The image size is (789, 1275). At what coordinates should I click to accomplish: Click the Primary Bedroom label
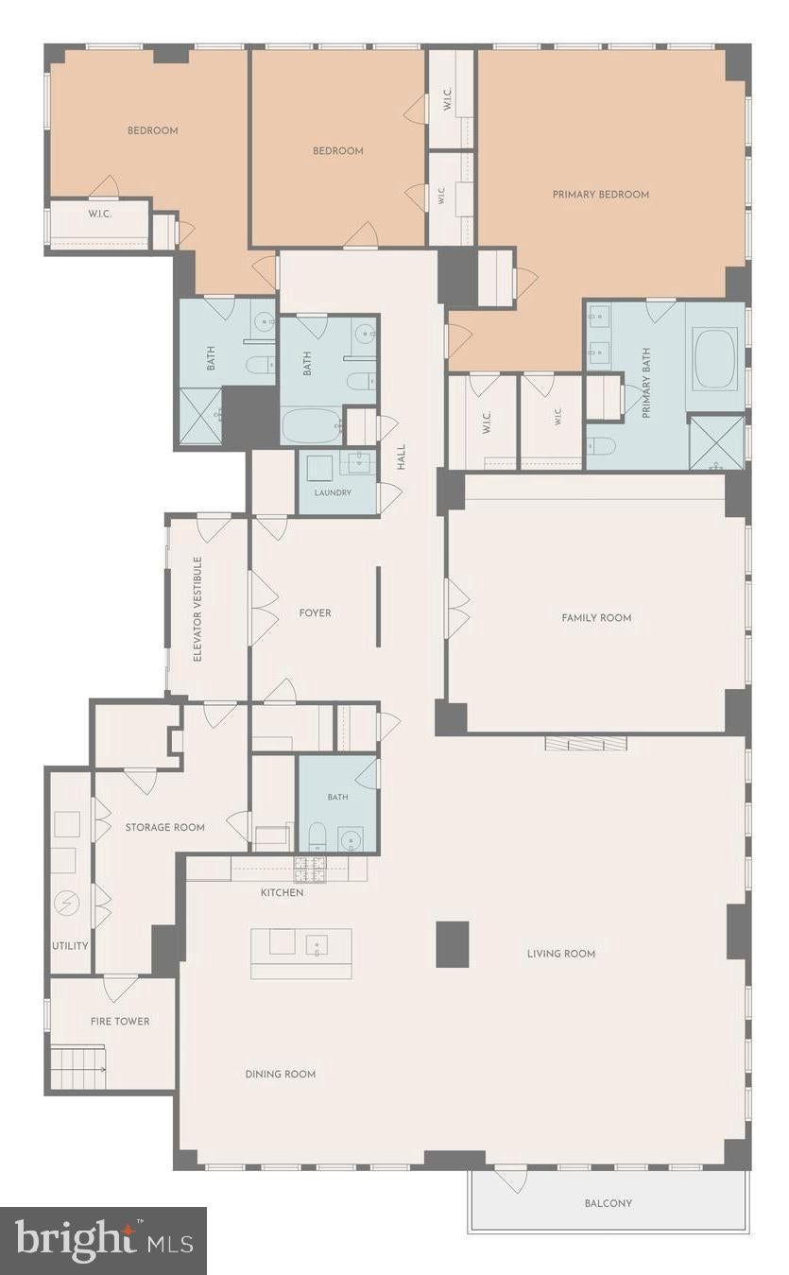[x=601, y=194]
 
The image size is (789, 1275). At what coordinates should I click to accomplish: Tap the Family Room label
[x=596, y=617]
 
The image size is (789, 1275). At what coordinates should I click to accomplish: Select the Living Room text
[x=561, y=954]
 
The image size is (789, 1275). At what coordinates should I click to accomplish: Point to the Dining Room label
[x=281, y=1074]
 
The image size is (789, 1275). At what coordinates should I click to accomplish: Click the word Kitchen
[x=283, y=892]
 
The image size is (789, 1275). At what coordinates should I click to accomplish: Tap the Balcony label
[x=609, y=1203]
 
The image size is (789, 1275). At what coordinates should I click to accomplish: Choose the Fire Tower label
[x=120, y=1022]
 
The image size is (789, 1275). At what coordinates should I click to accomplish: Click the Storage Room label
[x=165, y=828]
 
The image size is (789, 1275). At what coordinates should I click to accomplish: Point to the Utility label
[x=70, y=946]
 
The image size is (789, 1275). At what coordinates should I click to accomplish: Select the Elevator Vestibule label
[x=198, y=609]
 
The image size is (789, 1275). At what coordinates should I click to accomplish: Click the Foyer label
[x=316, y=613]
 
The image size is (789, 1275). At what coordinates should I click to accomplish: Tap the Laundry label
[x=333, y=492]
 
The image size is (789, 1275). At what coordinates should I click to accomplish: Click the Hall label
[x=402, y=457]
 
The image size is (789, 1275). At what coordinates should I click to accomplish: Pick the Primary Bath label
[x=645, y=383]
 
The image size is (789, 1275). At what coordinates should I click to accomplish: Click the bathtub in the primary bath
[x=715, y=358]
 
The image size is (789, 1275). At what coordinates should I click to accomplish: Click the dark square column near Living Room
[x=453, y=944]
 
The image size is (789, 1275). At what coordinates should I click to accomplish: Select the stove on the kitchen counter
[x=310, y=870]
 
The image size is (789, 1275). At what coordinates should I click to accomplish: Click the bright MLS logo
[x=103, y=1242]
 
